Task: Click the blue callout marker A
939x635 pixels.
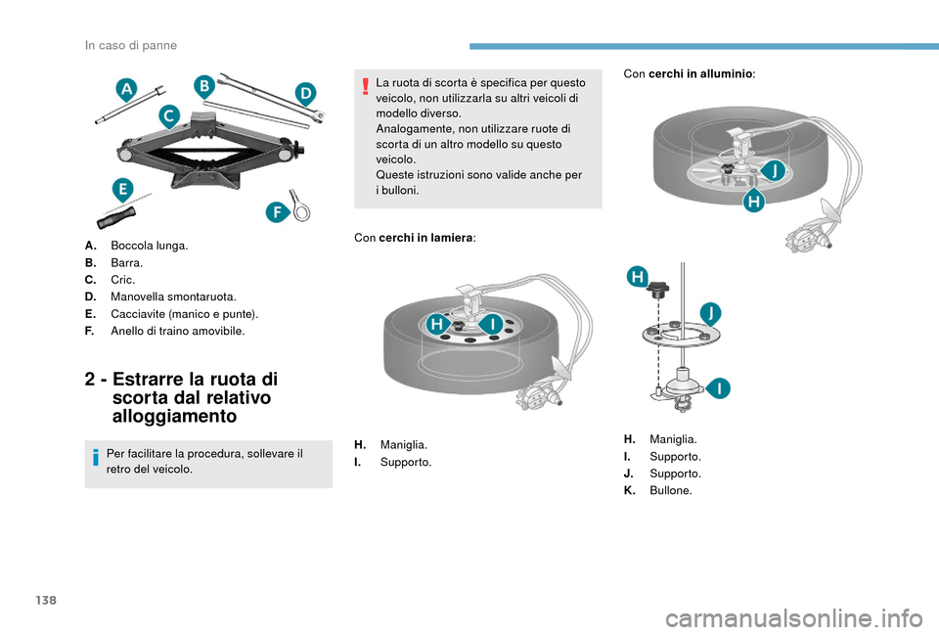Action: (126, 91)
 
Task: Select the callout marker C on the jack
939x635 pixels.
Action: (169, 117)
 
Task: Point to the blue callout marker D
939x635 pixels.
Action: (305, 94)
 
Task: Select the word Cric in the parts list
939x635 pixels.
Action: (122, 280)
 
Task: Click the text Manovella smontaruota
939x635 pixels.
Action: (166, 296)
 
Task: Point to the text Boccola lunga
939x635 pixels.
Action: (150, 247)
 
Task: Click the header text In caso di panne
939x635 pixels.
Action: (131, 45)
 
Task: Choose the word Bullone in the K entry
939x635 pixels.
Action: (670, 490)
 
